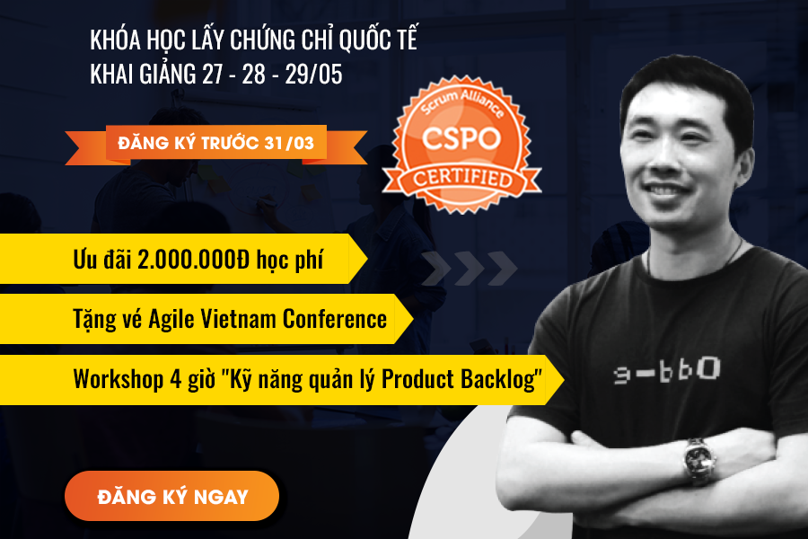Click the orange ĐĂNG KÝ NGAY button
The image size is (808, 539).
[x=171, y=496]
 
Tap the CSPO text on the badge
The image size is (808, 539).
[x=461, y=138]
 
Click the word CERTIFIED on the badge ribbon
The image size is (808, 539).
[x=462, y=178]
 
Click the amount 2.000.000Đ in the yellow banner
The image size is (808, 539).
[x=193, y=259]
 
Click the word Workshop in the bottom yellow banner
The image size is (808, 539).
[x=119, y=380]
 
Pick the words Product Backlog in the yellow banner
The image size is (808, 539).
[x=461, y=379]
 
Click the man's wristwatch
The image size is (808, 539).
[x=698, y=460]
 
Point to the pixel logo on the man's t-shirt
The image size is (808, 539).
[x=667, y=370]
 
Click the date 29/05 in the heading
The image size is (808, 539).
[x=314, y=74]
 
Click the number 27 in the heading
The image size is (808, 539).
[x=212, y=74]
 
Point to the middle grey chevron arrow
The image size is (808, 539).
[x=470, y=269]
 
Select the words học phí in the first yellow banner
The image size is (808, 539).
[x=290, y=260]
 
